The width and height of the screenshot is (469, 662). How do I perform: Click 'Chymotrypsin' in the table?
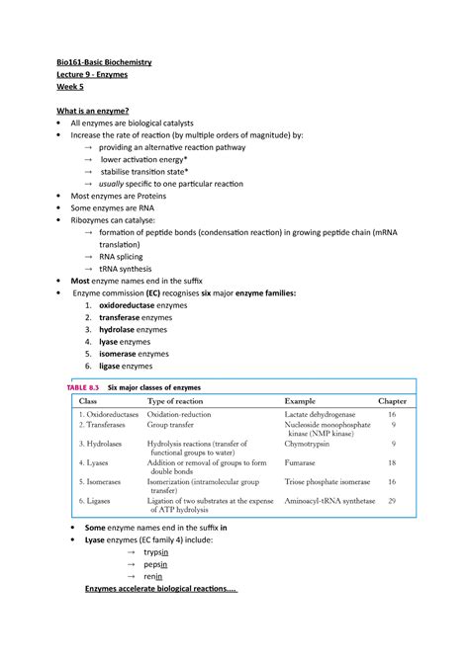coord(309,446)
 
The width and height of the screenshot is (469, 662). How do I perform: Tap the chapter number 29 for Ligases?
coord(392,502)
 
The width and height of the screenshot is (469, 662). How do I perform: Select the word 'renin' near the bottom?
coord(126,576)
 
